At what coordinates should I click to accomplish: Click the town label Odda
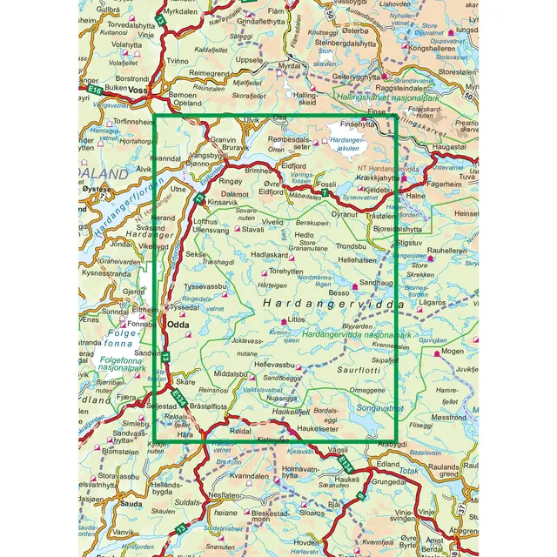point(178,326)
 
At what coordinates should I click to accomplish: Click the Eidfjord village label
point(294,165)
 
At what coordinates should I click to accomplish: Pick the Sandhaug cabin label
point(377,284)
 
